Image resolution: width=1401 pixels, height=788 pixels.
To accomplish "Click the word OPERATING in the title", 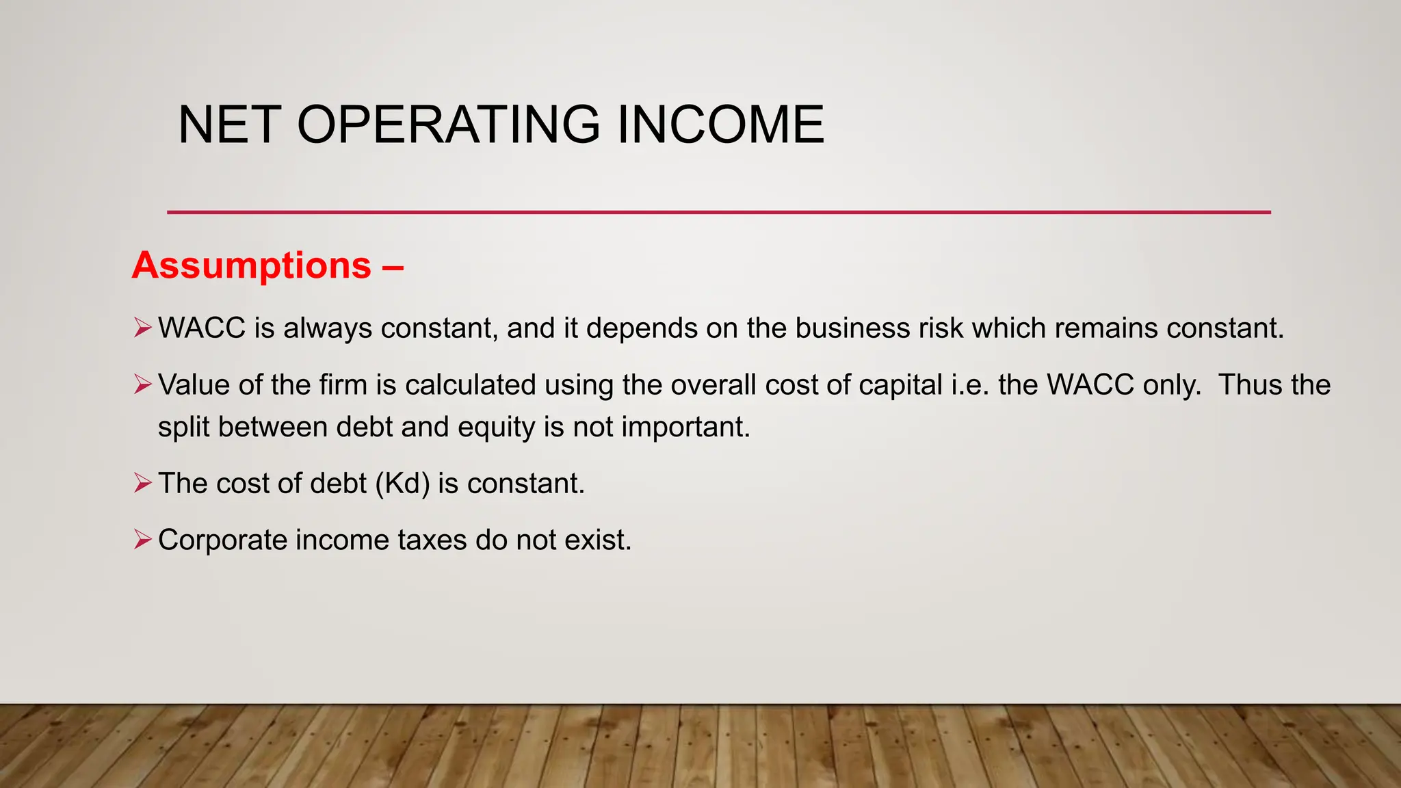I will pos(448,124).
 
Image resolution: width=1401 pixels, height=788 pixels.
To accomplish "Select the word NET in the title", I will pos(229,124).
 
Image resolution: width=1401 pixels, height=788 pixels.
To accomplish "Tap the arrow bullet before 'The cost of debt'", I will pos(142,484).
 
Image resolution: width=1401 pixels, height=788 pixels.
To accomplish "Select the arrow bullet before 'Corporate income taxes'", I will pos(142,540).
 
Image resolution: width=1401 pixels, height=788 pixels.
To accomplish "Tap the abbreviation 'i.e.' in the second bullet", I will pos(970,385).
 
